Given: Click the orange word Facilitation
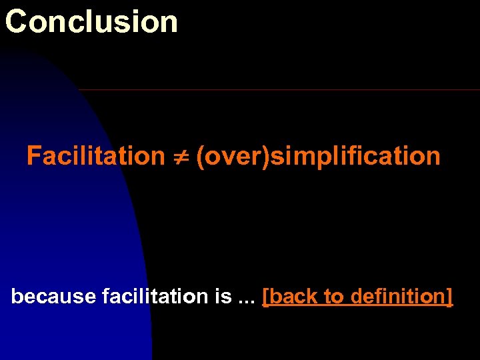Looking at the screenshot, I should (x=95, y=156).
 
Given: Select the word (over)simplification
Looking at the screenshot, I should (x=318, y=157).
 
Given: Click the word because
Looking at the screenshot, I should (x=54, y=297).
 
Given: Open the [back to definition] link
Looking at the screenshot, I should (x=358, y=297).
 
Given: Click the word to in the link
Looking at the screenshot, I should (x=333, y=297).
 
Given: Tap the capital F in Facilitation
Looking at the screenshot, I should (x=34, y=156).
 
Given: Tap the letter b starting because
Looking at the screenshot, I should (x=17, y=297).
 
